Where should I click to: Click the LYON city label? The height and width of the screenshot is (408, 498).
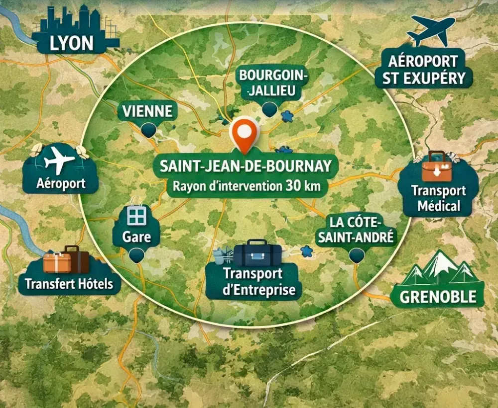pyautogui.click(x=72, y=43)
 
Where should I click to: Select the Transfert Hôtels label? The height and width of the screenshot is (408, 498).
pyautogui.click(x=69, y=284)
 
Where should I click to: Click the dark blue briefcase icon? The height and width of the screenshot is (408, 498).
pyautogui.click(x=257, y=253)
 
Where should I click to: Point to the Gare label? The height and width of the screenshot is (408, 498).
pyautogui.click(x=136, y=236)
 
